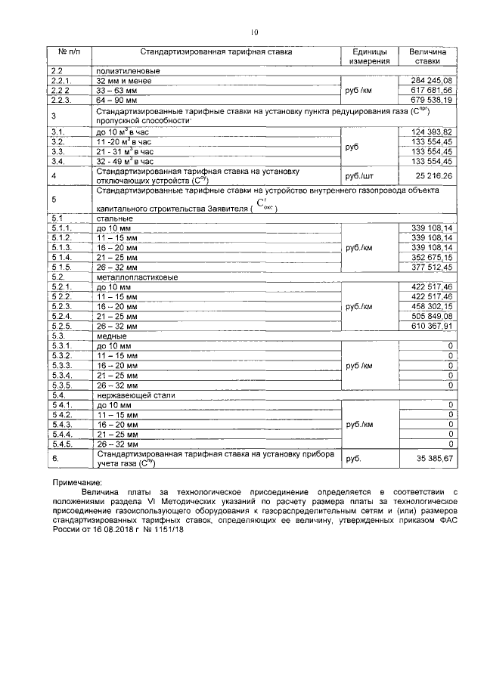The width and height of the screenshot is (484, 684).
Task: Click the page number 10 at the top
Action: (254, 32)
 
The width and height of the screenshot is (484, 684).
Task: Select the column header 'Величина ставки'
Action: (428, 56)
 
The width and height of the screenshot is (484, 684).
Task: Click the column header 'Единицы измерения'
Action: (369, 56)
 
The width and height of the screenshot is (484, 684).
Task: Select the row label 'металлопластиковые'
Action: (132, 277)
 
